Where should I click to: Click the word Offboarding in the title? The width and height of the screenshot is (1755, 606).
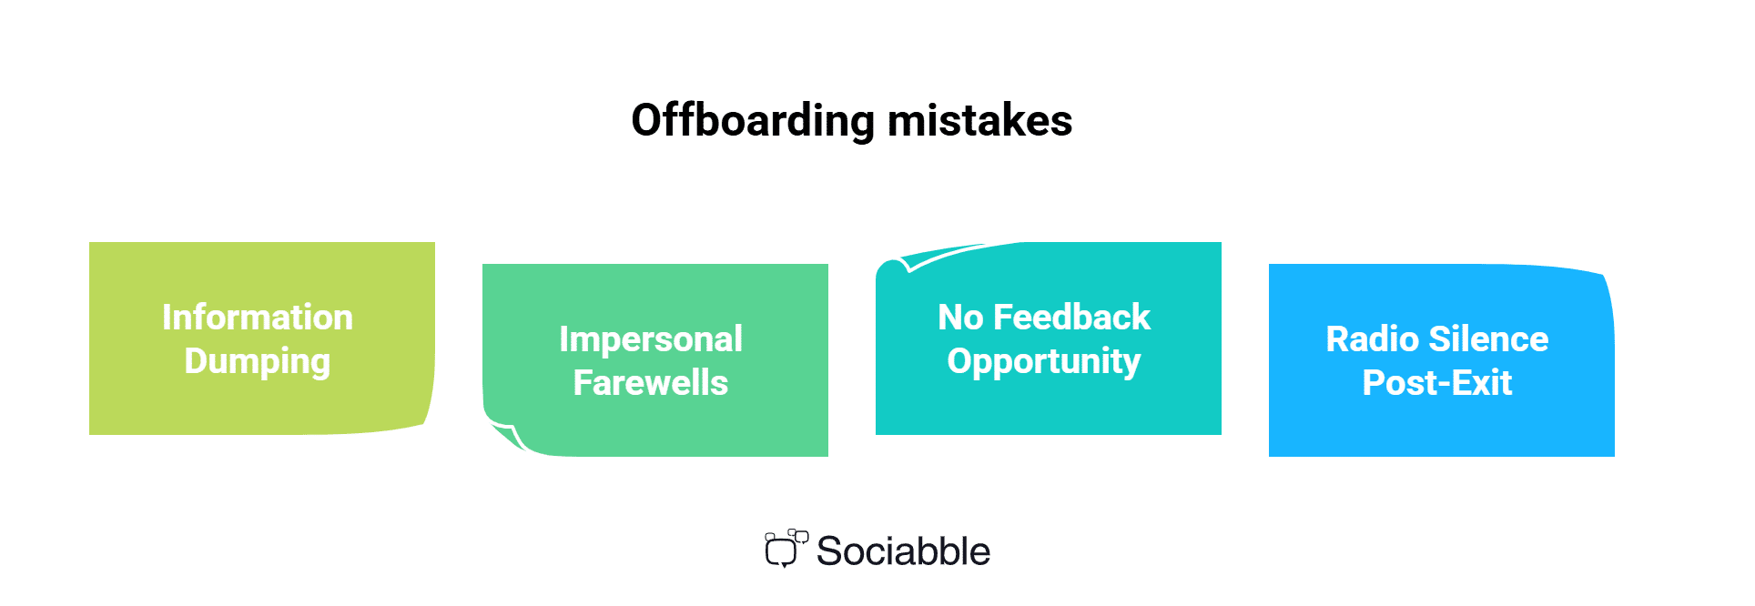753,121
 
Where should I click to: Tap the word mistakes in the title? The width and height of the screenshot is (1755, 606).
980,121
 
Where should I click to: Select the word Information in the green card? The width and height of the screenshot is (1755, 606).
258,318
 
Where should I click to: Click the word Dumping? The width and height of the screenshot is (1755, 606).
258,362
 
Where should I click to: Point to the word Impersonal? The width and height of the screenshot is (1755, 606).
651,340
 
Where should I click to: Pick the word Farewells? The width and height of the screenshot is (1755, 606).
651,383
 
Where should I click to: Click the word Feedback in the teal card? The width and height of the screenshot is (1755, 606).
1072,318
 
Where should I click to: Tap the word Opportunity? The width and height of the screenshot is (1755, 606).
1044,362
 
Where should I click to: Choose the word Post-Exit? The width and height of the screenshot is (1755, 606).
1437,383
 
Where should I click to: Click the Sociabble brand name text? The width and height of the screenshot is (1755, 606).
903,551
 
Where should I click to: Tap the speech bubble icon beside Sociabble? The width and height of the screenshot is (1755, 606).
786,548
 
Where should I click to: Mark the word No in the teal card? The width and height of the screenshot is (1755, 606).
960,318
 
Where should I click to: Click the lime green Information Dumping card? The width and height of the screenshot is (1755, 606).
262,338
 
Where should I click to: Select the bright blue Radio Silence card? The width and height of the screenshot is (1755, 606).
1442,360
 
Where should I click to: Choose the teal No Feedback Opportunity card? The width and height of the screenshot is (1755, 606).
1049,338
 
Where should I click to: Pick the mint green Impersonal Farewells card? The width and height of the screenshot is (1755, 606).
655,360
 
